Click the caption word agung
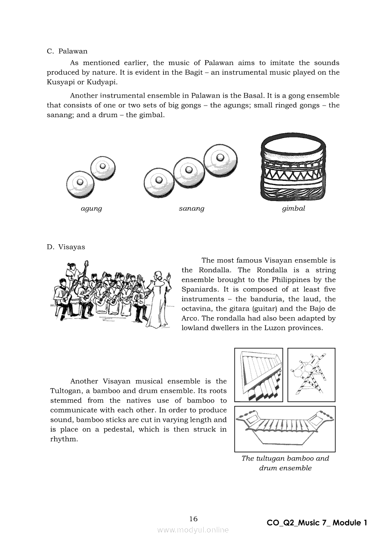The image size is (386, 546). click(x=91, y=209)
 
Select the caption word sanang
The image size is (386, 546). click(x=192, y=209)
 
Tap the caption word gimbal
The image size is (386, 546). click(x=293, y=209)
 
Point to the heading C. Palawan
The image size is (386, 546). click(x=67, y=51)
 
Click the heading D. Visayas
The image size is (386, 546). click(x=66, y=247)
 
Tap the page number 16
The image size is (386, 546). click(x=193, y=519)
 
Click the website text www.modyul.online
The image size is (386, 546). click(x=193, y=530)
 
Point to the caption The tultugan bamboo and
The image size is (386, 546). click(x=285, y=458)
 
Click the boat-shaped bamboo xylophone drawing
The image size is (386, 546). click(x=285, y=427)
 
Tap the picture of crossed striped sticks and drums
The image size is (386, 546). click(x=311, y=375)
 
